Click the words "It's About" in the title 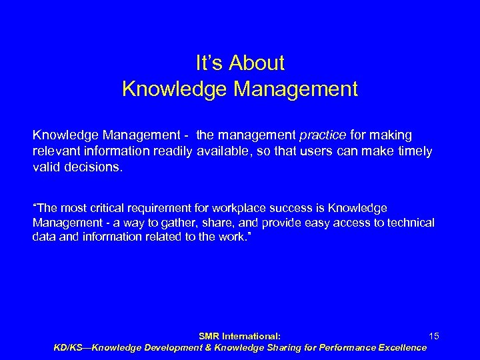[x=240, y=63]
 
